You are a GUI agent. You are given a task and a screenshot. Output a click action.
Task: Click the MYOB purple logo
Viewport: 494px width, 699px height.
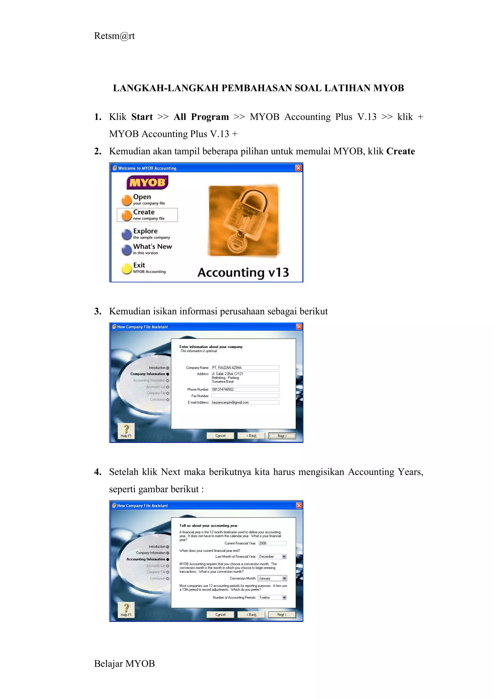(x=147, y=182)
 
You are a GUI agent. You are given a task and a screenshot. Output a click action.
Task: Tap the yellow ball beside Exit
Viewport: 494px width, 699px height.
(x=126, y=268)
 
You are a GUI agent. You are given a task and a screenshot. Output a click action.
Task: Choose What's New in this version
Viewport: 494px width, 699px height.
(x=152, y=249)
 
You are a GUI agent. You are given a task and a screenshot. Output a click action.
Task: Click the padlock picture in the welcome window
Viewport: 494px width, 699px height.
(x=243, y=221)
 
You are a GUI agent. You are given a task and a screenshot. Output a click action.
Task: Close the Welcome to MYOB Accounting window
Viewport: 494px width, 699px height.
(x=298, y=168)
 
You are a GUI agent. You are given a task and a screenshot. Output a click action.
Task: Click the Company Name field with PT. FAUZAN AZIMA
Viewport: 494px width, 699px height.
(x=245, y=367)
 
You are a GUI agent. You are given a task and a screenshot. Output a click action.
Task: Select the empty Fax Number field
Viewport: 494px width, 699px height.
(x=245, y=396)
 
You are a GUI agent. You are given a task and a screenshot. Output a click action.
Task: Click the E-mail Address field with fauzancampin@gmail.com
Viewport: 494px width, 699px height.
(x=245, y=402)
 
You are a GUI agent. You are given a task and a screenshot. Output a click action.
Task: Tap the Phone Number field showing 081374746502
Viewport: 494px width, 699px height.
(x=245, y=389)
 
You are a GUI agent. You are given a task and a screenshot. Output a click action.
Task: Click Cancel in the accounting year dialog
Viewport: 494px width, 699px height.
(x=220, y=614)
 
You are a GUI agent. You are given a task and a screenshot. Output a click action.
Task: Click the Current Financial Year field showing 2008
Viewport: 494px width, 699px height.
(x=272, y=543)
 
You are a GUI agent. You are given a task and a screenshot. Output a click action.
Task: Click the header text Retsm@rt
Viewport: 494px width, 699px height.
(x=114, y=36)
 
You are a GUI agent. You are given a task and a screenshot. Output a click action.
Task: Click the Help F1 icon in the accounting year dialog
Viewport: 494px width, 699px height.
(x=126, y=610)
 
